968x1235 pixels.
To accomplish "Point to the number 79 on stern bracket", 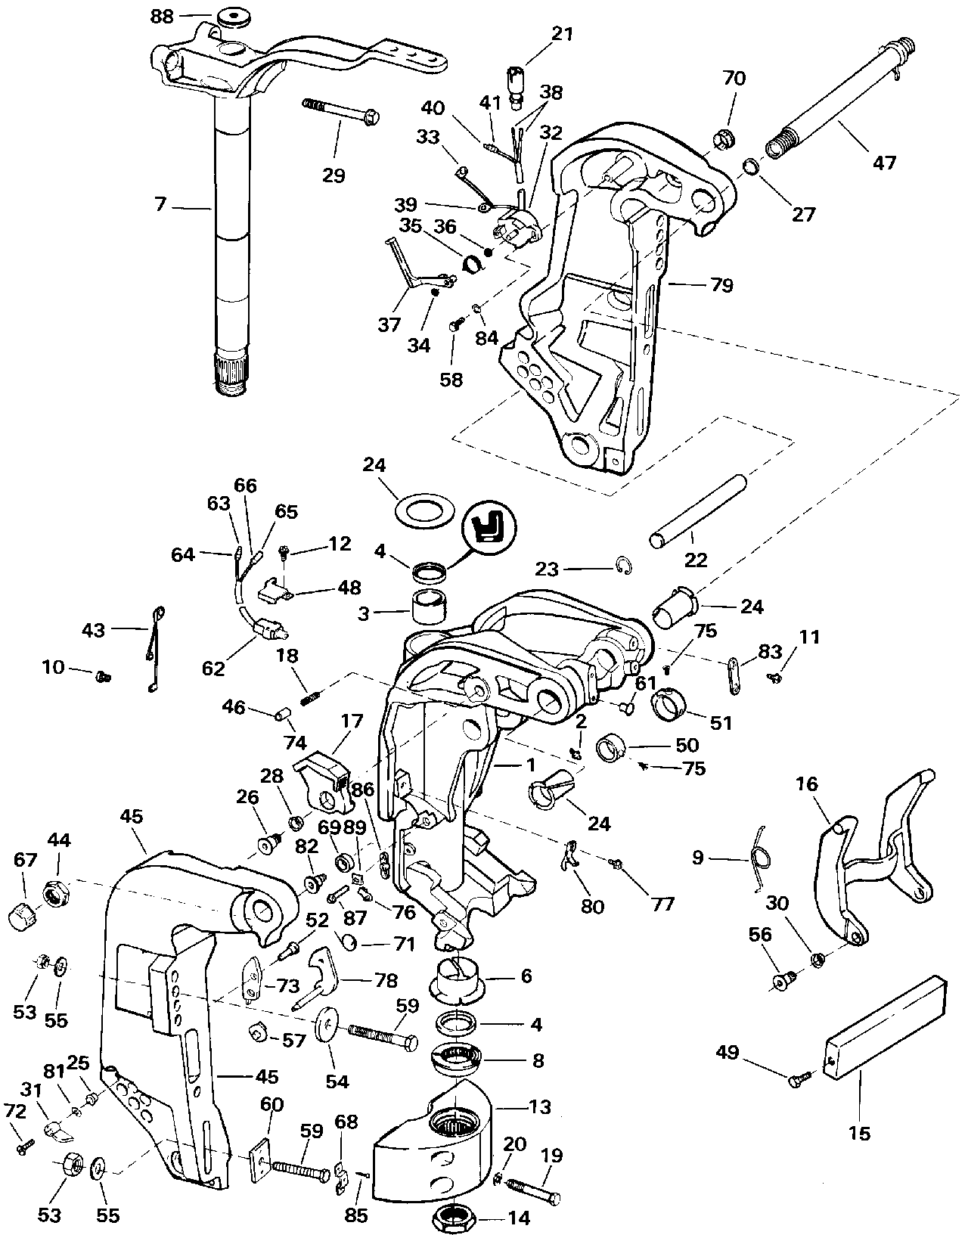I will (721, 285).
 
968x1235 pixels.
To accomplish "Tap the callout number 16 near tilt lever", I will (807, 784).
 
